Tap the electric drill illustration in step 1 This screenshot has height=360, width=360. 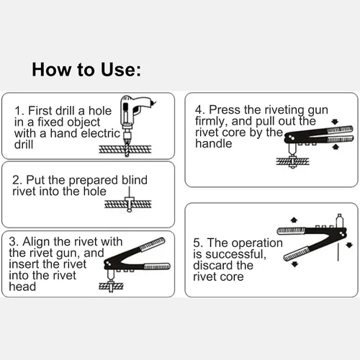135,115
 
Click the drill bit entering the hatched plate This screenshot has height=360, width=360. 127,148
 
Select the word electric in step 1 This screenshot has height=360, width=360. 101,133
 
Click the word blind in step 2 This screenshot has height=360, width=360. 135,180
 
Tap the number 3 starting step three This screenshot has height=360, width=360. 12,242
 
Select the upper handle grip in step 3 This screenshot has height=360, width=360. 153,244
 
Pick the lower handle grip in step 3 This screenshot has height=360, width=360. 157,266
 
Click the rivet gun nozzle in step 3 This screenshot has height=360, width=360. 110,276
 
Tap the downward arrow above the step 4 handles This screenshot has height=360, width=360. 335,122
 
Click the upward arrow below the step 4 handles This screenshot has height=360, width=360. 336,146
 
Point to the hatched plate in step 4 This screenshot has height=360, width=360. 293,161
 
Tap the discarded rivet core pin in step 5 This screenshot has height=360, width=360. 338,251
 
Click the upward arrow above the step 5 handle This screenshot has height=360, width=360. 294,220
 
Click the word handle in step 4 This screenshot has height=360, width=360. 214,144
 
